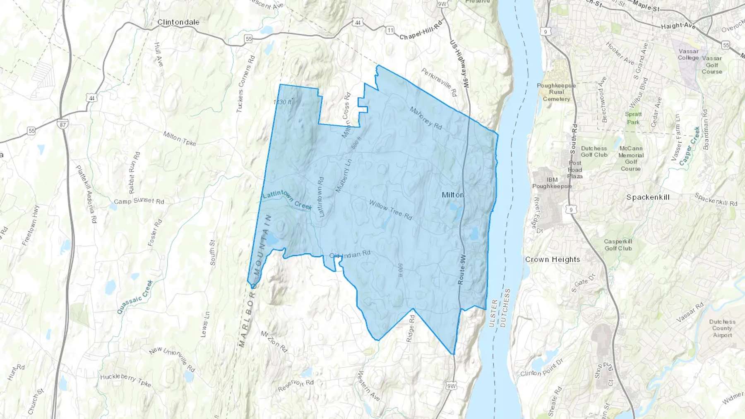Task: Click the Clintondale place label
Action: tap(178, 22)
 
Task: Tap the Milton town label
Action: tap(453, 195)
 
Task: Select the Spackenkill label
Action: tap(648, 197)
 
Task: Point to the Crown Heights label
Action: tap(553, 260)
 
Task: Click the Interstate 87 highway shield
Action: tap(62, 125)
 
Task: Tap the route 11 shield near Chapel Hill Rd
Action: tap(390, 30)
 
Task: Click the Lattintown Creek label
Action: tap(287, 199)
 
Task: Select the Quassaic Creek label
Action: tap(135, 297)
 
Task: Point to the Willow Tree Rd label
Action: tap(390, 210)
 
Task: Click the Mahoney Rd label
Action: tap(425, 118)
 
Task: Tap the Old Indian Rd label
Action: tap(350, 254)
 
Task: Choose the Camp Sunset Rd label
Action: tap(139, 201)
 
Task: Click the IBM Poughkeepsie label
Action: tap(552, 183)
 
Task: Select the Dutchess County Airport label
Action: tap(722, 328)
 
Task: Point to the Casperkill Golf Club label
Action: tap(618, 245)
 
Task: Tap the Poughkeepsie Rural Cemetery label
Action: tap(556, 92)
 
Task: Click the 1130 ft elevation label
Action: tap(283, 102)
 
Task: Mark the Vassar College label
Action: tap(688, 55)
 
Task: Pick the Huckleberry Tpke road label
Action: tap(126, 380)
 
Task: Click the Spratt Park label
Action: tap(633, 118)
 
